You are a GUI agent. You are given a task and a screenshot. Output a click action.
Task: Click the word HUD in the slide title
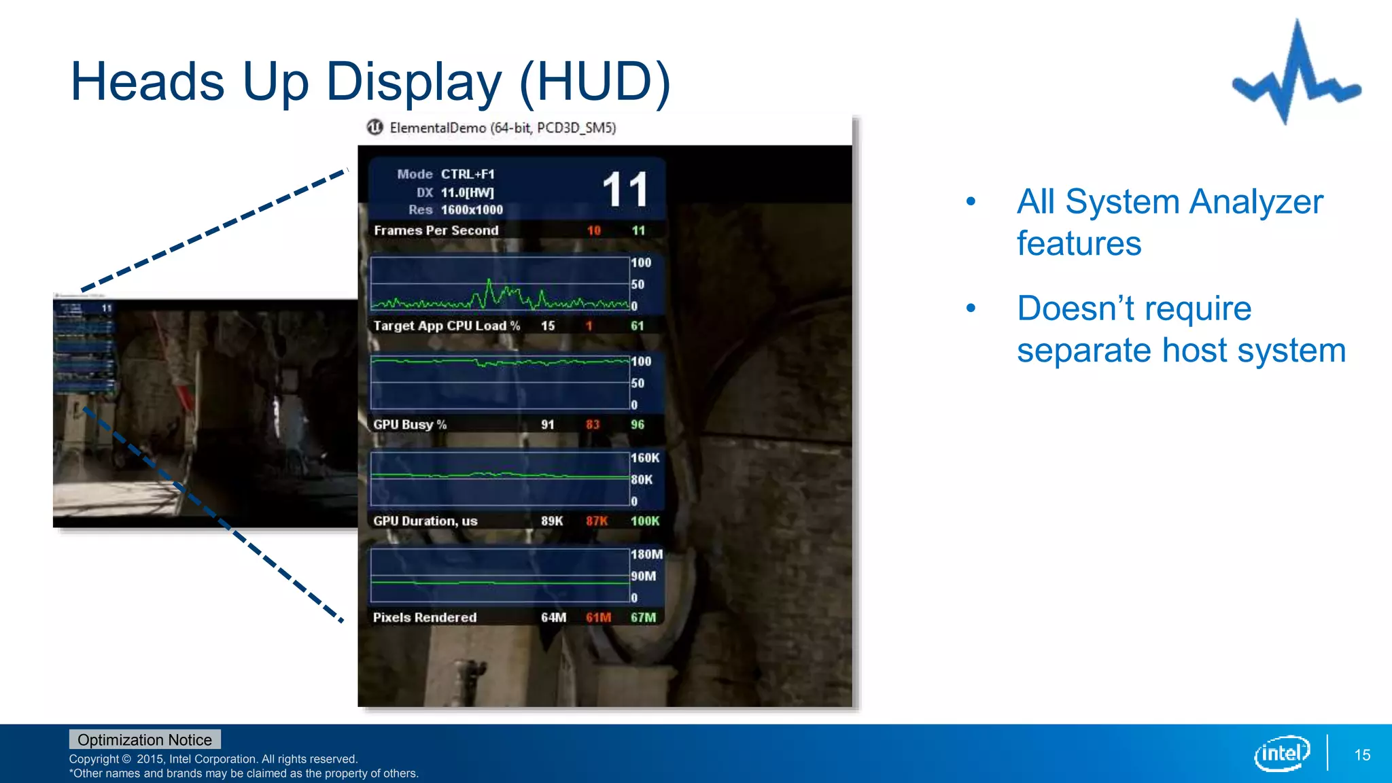(595, 82)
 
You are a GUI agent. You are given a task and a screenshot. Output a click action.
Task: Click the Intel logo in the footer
(1281, 753)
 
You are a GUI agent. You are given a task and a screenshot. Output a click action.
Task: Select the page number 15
(1362, 755)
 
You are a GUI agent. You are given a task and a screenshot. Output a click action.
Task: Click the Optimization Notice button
(145, 739)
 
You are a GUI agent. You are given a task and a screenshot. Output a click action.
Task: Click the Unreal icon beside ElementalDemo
(375, 127)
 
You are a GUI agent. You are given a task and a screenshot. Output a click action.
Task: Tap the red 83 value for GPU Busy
(593, 425)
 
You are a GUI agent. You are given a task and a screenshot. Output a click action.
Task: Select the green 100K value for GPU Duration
(644, 521)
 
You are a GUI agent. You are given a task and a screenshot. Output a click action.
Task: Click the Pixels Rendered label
(425, 618)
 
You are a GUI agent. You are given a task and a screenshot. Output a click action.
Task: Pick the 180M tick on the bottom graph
(646, 555)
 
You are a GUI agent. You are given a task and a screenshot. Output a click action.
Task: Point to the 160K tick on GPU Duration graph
(645, 458)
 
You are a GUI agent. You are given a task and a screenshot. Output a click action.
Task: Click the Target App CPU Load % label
(447, 326)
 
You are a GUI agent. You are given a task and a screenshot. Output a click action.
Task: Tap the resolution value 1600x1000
(472, 210)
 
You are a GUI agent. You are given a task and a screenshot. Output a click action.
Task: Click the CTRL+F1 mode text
(468, 175)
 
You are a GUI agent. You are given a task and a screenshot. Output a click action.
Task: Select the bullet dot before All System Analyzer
(971, 202)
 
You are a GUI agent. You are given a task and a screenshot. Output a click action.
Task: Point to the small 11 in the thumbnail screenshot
(107, 309)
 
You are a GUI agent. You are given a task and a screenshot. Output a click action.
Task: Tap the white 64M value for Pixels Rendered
(553, 618)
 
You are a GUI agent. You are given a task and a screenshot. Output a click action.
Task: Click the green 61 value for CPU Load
(637, 326)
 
